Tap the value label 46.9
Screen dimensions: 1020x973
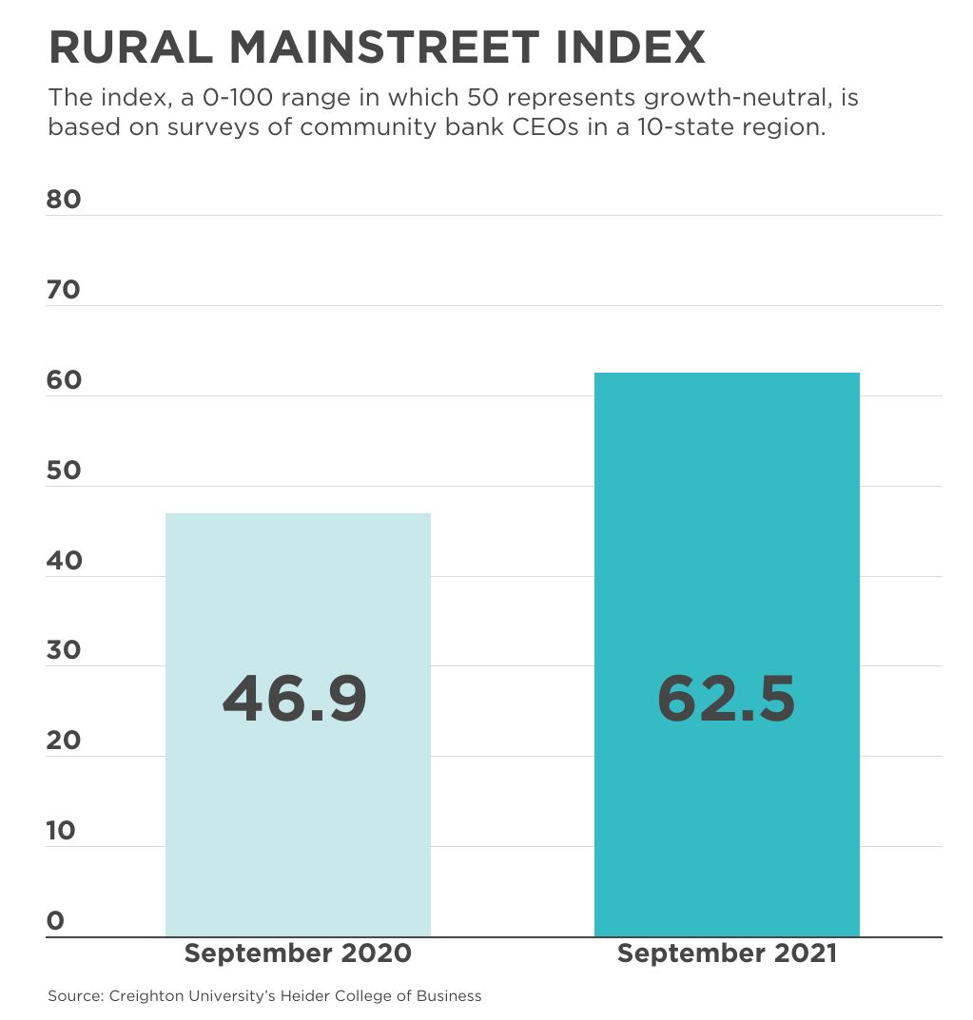coord(295,700)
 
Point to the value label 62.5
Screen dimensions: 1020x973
coord(726,700)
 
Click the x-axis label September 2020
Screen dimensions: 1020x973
coord(298,953)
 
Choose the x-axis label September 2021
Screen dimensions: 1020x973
coord(727,953)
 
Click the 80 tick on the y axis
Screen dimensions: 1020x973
coord(64,200)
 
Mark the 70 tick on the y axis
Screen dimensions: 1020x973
coord(64,290)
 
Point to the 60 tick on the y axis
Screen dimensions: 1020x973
coord(64,380)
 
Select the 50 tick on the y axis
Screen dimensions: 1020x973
coord(64,471)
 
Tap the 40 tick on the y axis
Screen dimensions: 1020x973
coord(64,561)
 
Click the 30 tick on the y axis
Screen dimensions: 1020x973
coord(64,650)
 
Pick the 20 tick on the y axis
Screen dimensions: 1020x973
coord(64,741)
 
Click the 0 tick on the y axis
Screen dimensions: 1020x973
coord(55,920)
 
